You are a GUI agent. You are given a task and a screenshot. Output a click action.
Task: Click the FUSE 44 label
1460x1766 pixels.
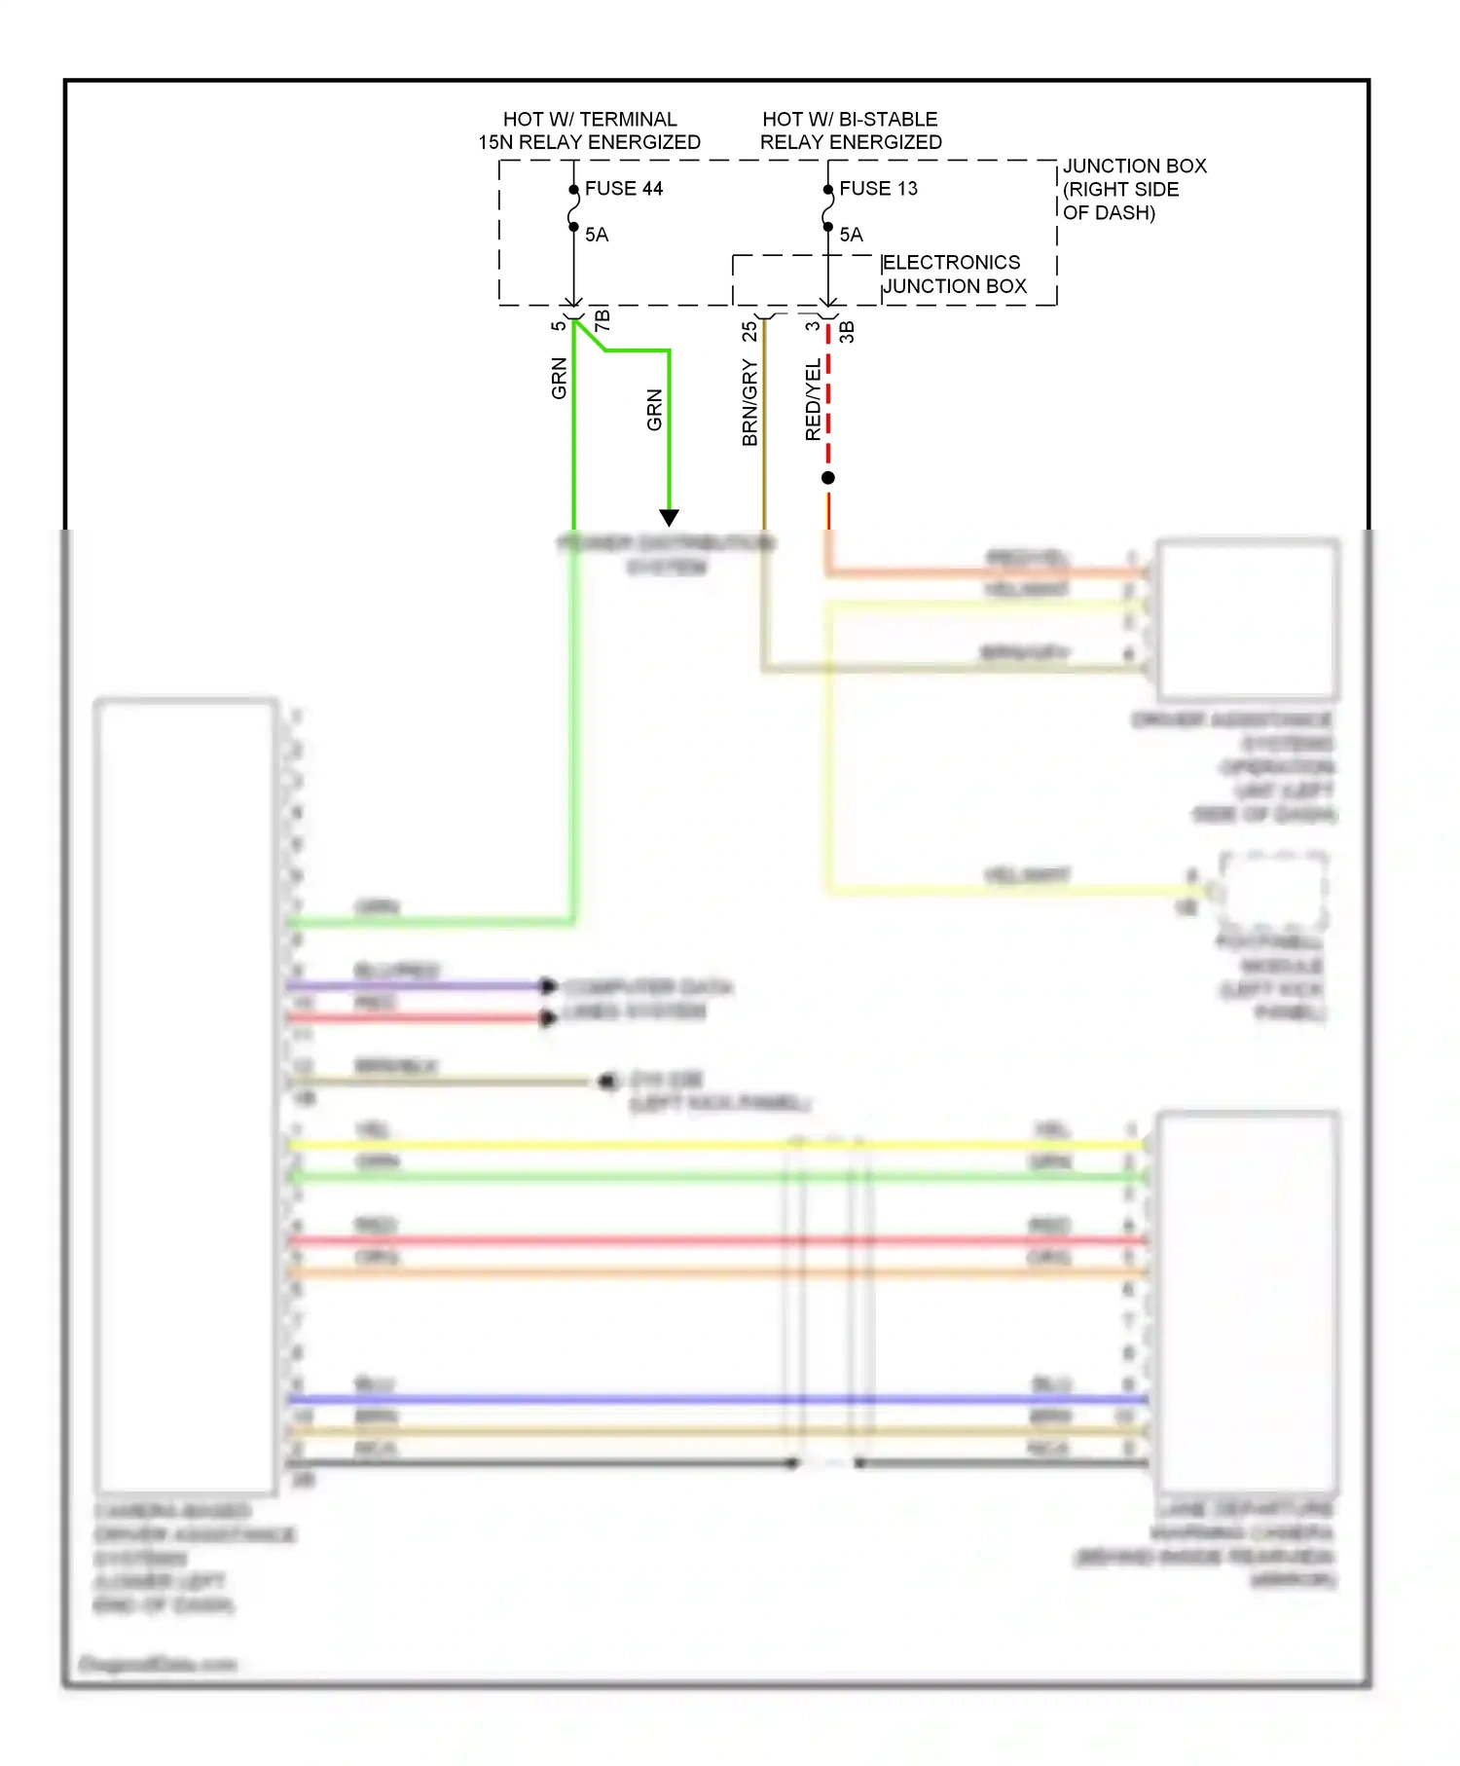pyautogui.click(x=623, y=189)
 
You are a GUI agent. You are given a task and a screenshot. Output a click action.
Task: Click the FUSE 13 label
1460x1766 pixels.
pyautogui.click(x=878, y=189)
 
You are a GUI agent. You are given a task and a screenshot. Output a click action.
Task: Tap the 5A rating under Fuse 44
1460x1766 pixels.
pyautogui.click(x=597, y=235)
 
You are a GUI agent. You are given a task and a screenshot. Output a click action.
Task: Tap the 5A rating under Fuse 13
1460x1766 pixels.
pyautogui.click(x=851, y=235)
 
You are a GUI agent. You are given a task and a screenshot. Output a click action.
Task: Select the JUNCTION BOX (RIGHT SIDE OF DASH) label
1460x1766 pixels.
pyautogui.click(x=1133, y=189)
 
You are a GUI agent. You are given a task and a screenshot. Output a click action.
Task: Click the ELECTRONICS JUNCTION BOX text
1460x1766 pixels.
pyautogui.click(x=953, y=275)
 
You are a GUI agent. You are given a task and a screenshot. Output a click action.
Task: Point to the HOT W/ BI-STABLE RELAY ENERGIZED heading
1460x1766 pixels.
pyautogui.click(x=850, y=130)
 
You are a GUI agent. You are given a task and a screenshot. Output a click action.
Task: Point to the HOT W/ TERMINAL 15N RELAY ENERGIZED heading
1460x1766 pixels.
pyautogui.click(x=589, y=130)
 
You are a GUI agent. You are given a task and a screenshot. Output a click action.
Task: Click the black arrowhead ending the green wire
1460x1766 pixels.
pyautogui.click(x=669, y=517)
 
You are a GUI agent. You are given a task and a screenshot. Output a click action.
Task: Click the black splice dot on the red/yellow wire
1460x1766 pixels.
pyautogui.click(x=828, y=478)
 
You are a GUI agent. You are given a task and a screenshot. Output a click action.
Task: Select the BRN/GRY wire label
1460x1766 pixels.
pyautogui.click(x=749, y=402)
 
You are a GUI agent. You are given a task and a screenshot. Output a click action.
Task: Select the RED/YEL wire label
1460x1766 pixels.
pyautogui.click(x=813, y=399)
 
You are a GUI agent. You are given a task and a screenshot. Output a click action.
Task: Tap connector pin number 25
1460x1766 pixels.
pyautogui.click(x=749, y=331)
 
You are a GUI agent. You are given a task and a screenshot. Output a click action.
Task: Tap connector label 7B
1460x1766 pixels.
pyautogui.click(x=602, y=319)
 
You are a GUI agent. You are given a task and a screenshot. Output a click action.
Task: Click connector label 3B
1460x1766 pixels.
pyautogui.click(x=847, y=331)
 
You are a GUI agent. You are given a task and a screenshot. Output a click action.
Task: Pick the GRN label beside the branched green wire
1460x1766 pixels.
pyautogui.click(x=654, y=410)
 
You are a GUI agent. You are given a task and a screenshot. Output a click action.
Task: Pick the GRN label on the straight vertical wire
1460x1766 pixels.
pyautogui.click(x=559, y=379)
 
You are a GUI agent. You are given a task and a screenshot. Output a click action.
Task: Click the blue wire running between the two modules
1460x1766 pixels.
pyautogui.click(x=681, y=1400)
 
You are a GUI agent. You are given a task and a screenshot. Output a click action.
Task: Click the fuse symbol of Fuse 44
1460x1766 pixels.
pyautogui.click(x=573, y=208)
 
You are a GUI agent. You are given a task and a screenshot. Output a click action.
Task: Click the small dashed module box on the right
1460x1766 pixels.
pyautogui.click(x=1273, y=890)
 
